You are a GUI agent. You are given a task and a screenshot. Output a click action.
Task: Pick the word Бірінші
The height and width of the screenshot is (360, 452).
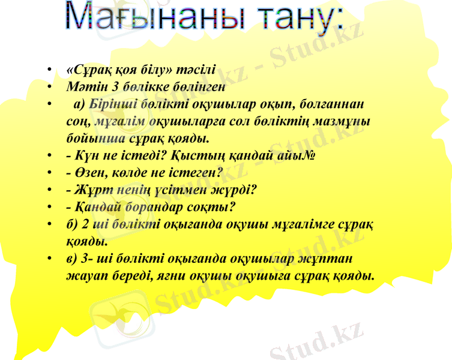tap(110, 104)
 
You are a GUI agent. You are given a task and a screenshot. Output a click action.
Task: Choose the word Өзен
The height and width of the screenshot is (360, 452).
tap(87, 173)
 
